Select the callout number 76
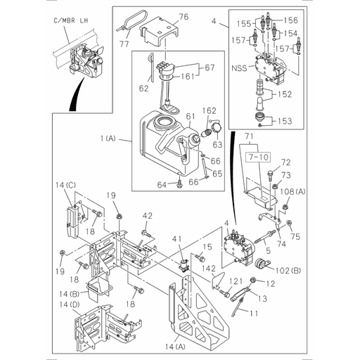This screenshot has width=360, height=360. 183,17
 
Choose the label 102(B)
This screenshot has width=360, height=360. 286,269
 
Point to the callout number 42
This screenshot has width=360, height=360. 148,215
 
